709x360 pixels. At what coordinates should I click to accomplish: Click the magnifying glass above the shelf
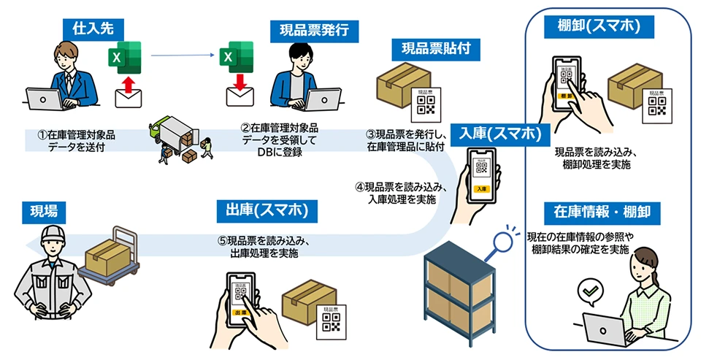[x=502, y=242]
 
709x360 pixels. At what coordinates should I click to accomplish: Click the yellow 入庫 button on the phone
[x=481, y=188]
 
